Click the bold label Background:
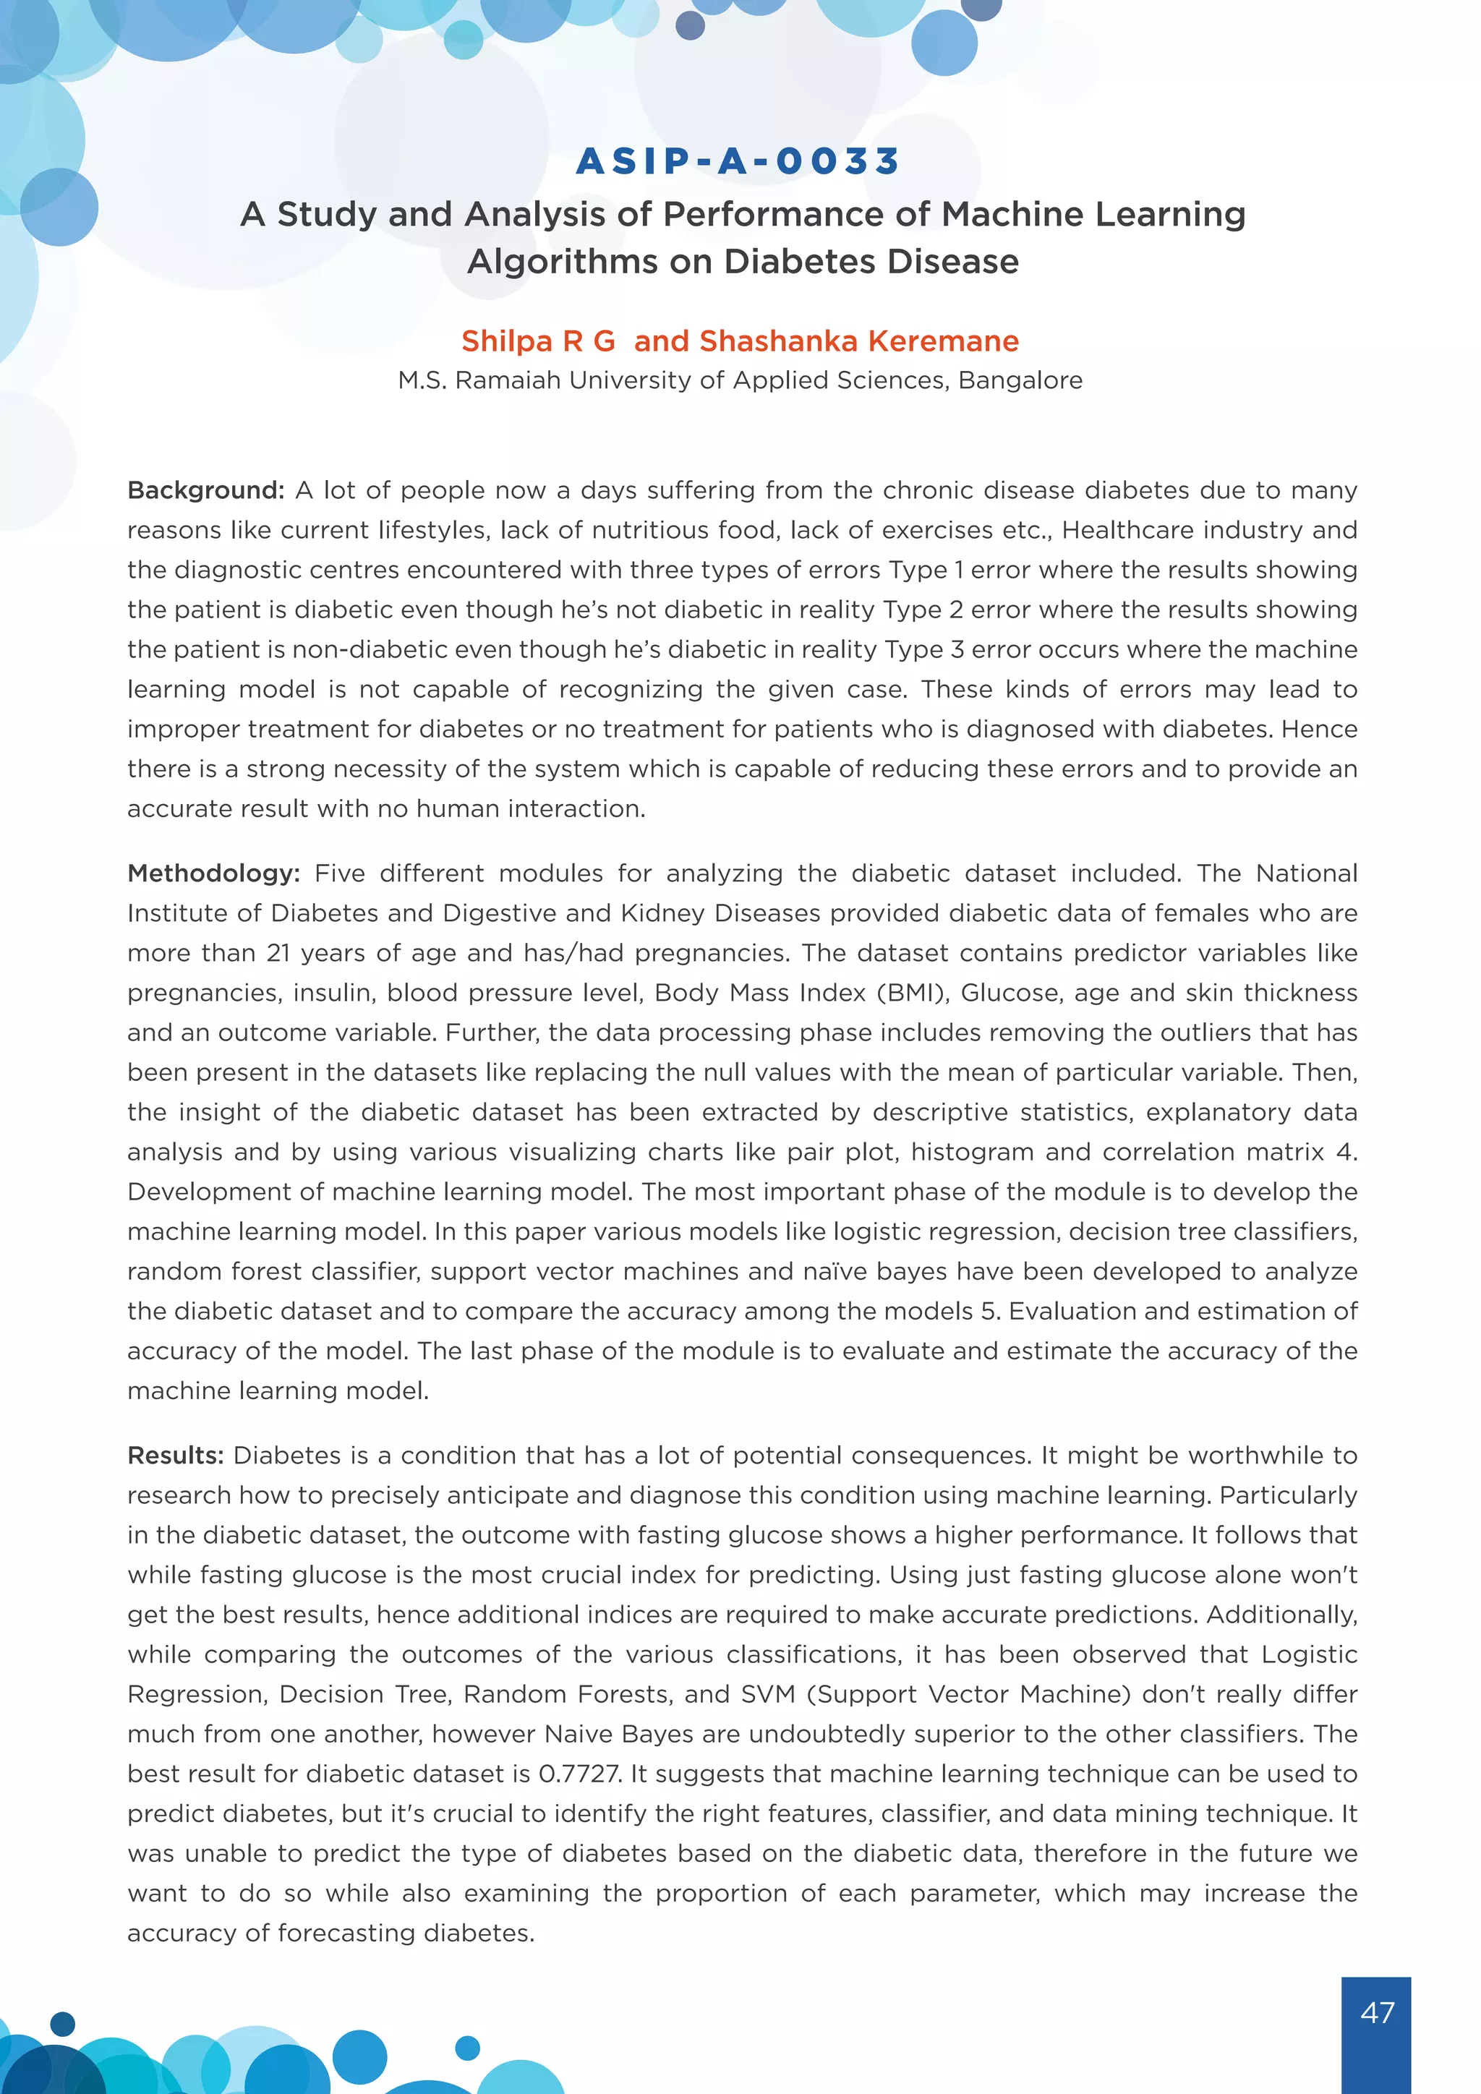pyautogui.click(x=206, y=491)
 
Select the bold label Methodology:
pyautogui.click(x=213, y=873)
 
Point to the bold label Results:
pyautogui.click(x=175, y=1456)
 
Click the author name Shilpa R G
pyautogui.click(x=538, y=341)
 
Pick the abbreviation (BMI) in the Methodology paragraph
pyautogui.click(x=913, y=993)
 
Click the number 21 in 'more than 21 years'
pyautogui.click(x=278, y=953)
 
